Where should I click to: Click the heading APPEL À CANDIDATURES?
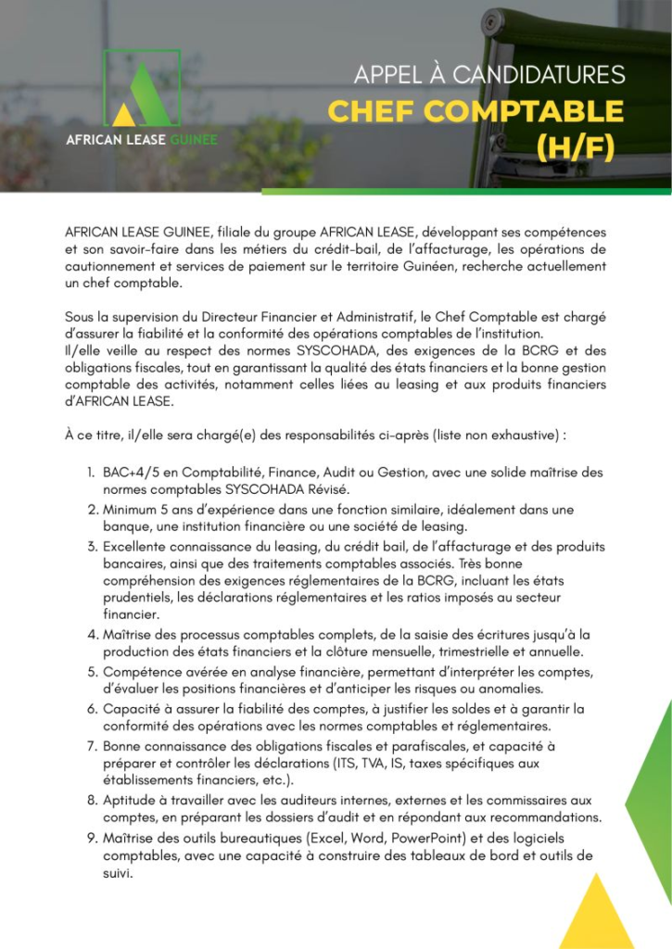pyautogui.click(x=488, y=74)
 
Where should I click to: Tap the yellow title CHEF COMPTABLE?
pyautogui.click(x=475, y=111)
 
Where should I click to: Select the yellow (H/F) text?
pyautogui.click(x=575, y=146)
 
